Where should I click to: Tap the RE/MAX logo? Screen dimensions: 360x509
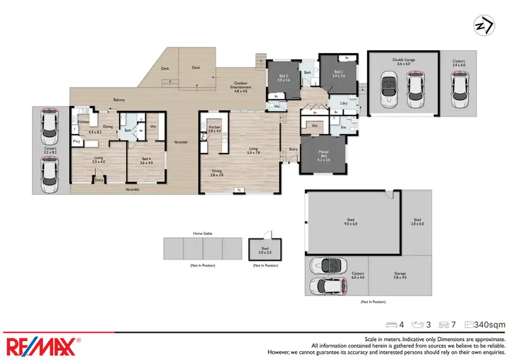42,344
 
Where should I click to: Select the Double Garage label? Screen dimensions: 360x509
403,60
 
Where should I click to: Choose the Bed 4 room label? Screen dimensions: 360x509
145,160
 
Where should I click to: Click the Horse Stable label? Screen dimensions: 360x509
202,233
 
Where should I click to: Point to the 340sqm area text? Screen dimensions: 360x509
489,324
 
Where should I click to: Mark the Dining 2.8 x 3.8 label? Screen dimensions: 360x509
216,173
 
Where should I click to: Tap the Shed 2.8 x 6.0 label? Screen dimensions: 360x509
417,221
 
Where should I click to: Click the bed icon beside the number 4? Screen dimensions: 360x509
390,324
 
